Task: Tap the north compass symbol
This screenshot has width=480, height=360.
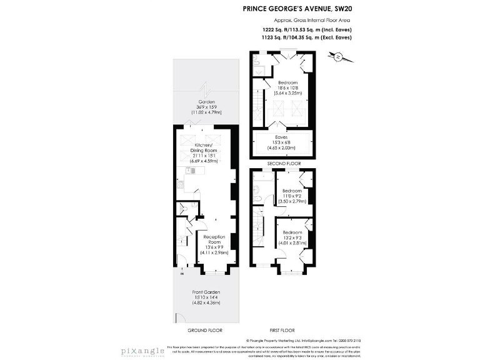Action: coord(338,57)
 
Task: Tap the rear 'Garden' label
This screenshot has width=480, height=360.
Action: coord(206,102)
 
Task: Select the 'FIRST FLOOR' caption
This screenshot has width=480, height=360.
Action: coord(282,330)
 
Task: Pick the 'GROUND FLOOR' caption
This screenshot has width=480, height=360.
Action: coord(205,330)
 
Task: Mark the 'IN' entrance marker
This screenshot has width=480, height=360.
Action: coord(182,274)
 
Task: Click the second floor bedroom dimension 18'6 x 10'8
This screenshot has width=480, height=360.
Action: coord(288,88)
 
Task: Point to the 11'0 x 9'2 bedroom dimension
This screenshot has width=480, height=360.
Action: coord(292,196)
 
